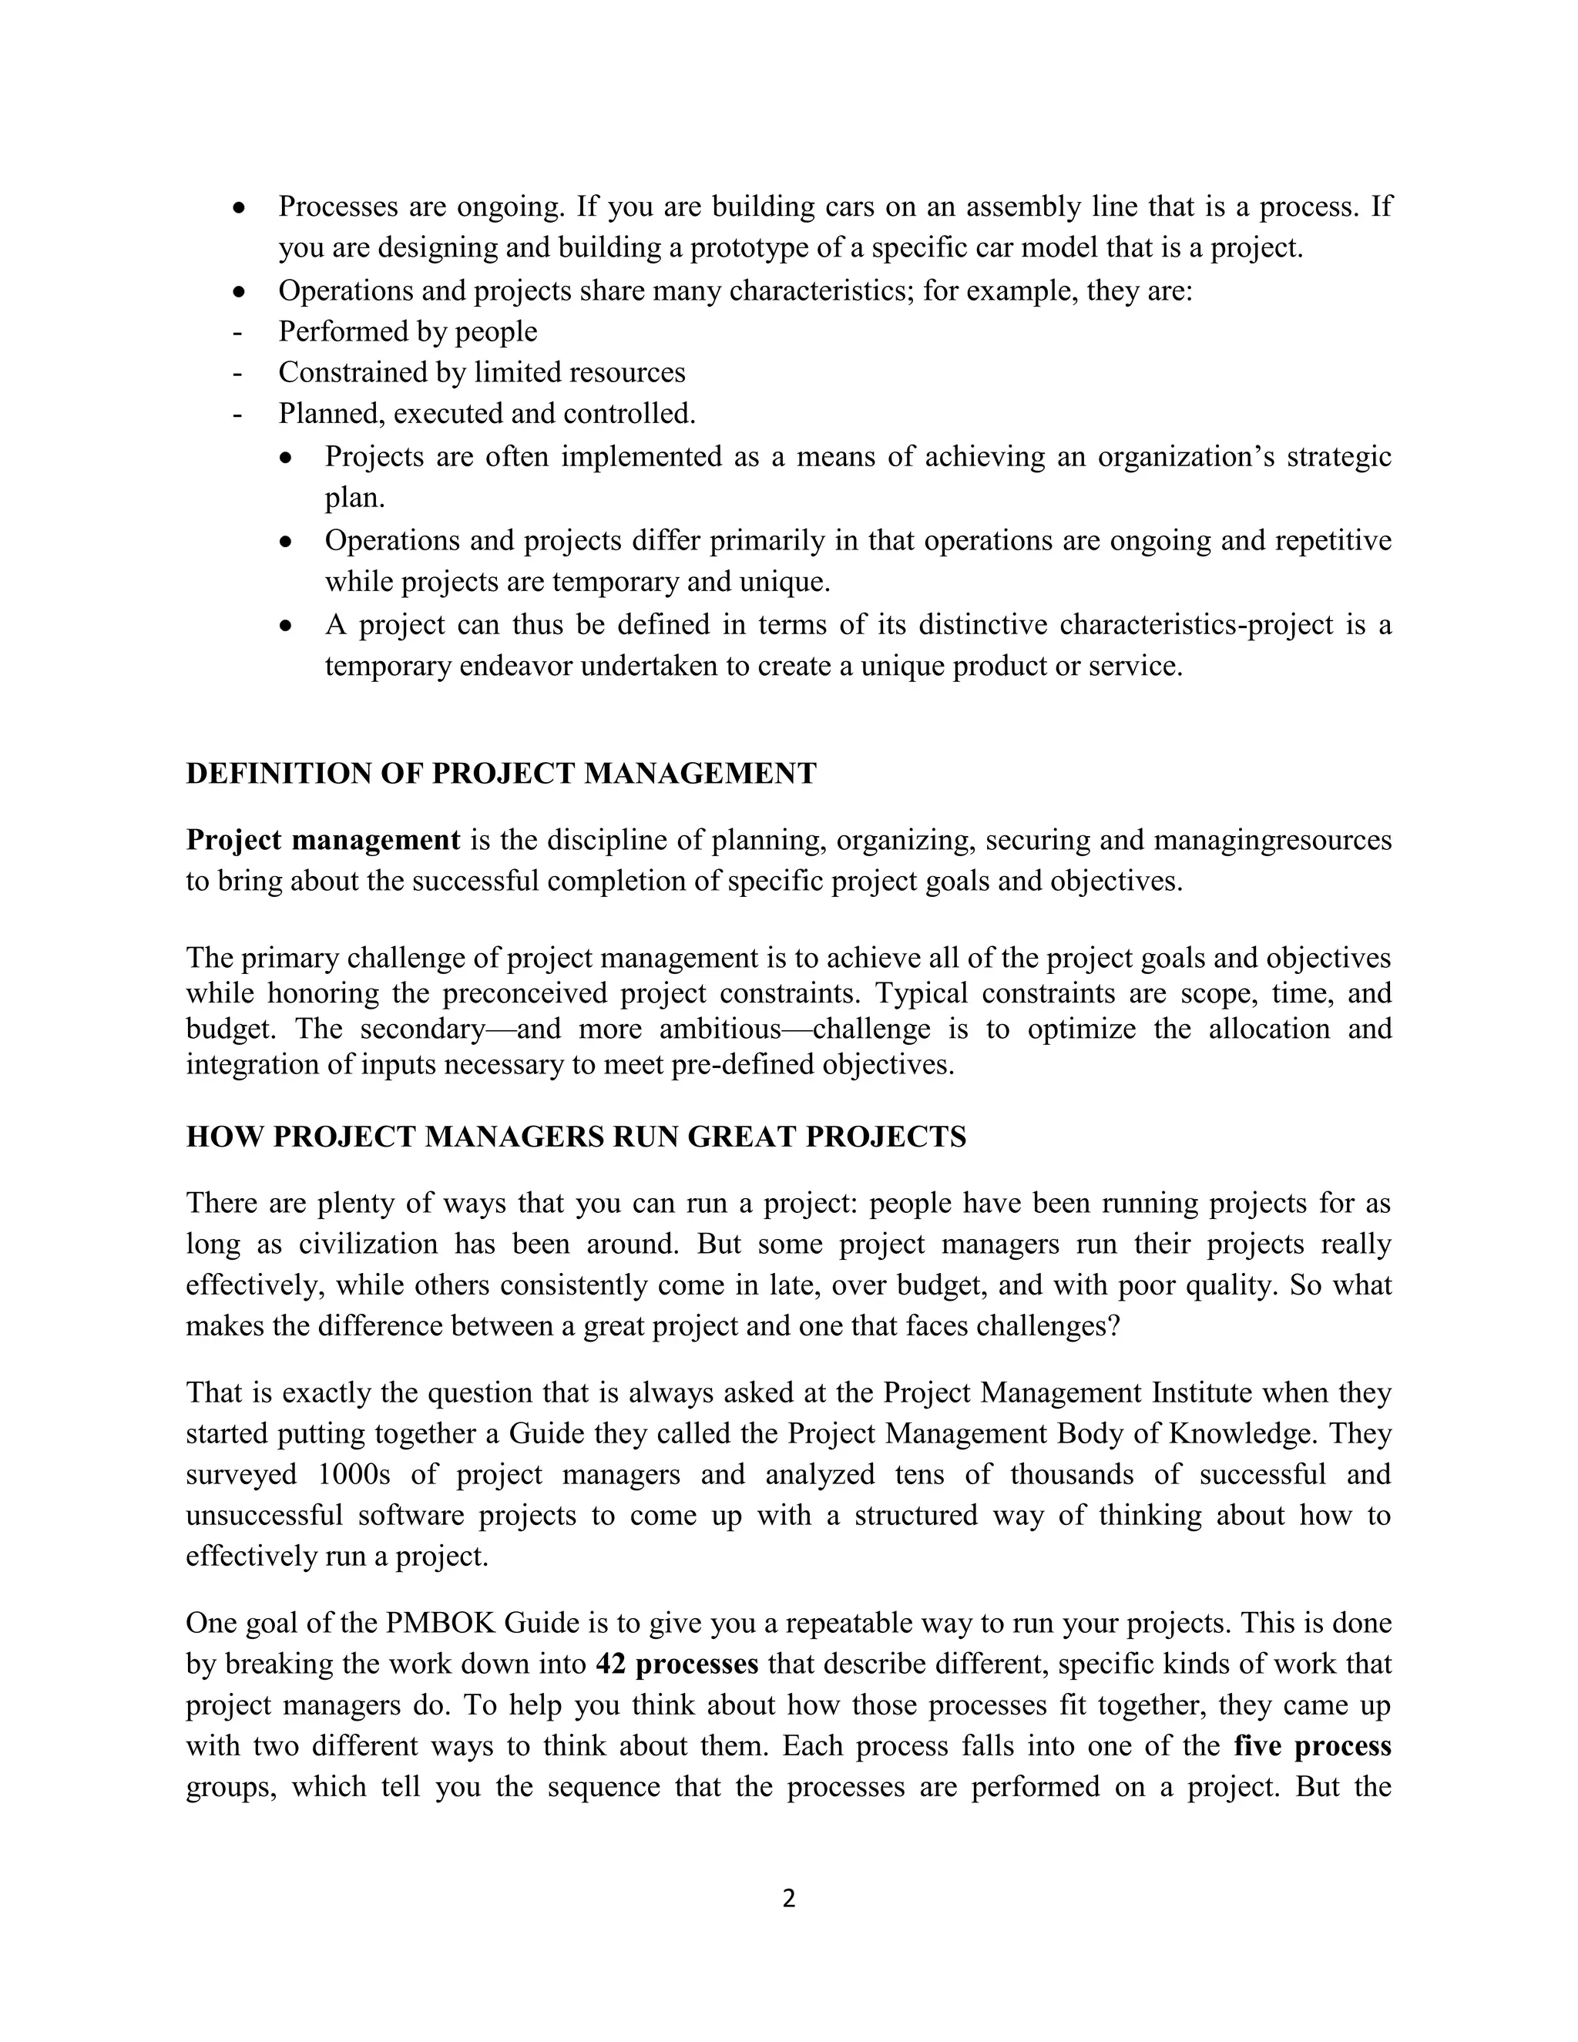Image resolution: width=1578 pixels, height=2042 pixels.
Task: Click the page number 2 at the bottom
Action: tap(788, 1898)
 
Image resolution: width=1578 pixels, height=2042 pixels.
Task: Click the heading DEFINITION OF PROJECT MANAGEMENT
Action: tap(501, 773)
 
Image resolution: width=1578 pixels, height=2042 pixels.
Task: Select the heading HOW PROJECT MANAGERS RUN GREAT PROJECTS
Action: tap(576, 1136)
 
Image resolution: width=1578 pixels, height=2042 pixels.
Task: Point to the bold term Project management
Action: tap(323, 840)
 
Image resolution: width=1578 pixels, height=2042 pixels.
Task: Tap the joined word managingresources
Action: tap(1272, 840)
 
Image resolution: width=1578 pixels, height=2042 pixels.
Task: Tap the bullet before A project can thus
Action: tap(287, 626)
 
